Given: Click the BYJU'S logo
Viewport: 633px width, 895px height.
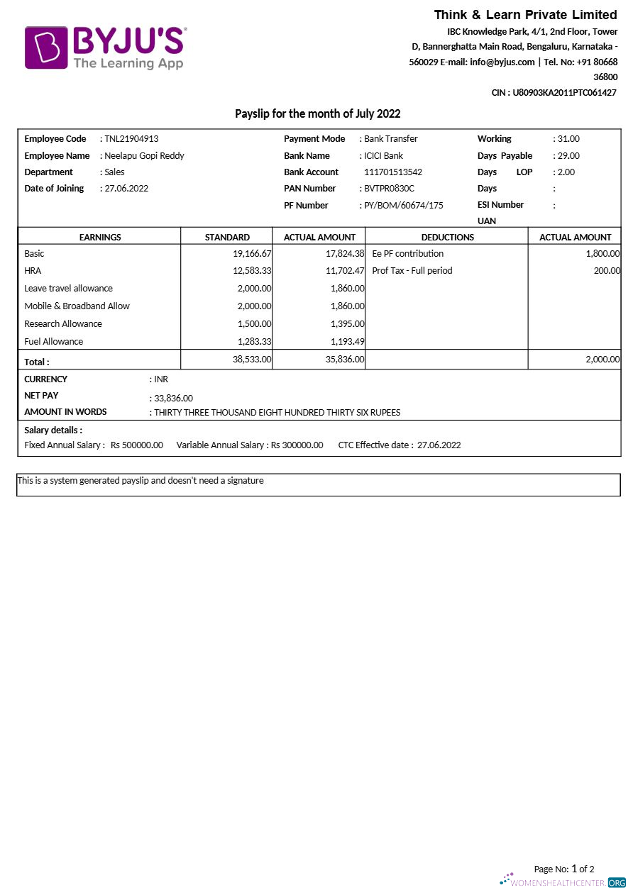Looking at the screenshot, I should (106, 48).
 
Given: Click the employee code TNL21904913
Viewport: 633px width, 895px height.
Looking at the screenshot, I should (131, 139).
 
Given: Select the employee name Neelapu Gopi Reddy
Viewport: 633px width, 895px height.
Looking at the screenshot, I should (144, 156).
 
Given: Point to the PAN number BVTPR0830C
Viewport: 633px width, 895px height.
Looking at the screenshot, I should (389, 189).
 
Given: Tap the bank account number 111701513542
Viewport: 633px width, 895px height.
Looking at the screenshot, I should (392, 172).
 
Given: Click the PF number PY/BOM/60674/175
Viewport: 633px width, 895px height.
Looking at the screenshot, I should (403, 206).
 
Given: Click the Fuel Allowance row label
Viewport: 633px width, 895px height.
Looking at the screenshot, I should (53, 342).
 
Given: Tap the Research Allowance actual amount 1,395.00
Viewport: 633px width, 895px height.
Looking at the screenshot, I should (347, 324).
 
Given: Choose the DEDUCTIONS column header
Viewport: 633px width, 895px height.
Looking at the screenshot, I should (447, 238).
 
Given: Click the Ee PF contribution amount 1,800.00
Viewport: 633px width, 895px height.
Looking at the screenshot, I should (602, 254).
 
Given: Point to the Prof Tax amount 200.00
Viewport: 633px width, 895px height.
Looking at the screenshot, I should (607, 271).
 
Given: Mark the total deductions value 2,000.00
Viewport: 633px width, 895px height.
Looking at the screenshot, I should (602, 360).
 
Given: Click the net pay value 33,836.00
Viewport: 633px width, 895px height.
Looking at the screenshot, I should (173, 399).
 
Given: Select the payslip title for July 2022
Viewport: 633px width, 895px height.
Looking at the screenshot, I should (317, 114).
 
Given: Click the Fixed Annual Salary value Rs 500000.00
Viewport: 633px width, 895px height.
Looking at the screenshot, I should (137, 445).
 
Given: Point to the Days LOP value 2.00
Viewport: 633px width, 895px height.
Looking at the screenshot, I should (566, 172).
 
